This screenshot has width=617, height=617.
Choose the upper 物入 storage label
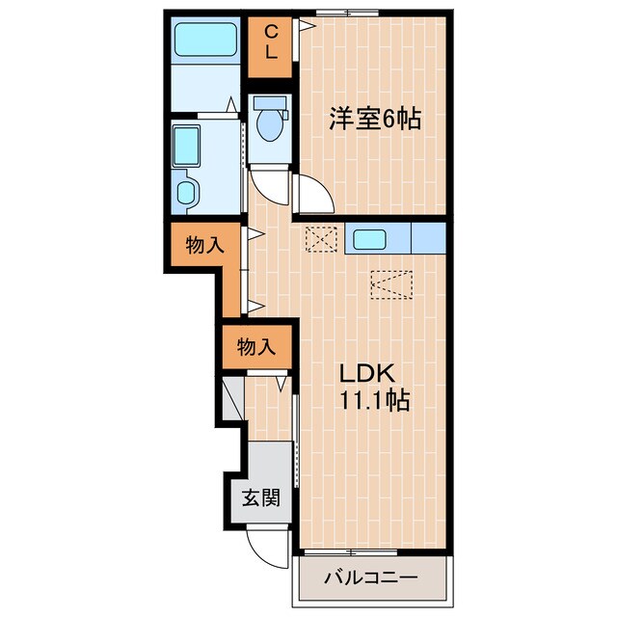[204, 246]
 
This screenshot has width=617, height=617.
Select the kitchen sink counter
[378, 238]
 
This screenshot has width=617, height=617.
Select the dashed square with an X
[319, 238]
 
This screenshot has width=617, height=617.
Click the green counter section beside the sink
[428, 238]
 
